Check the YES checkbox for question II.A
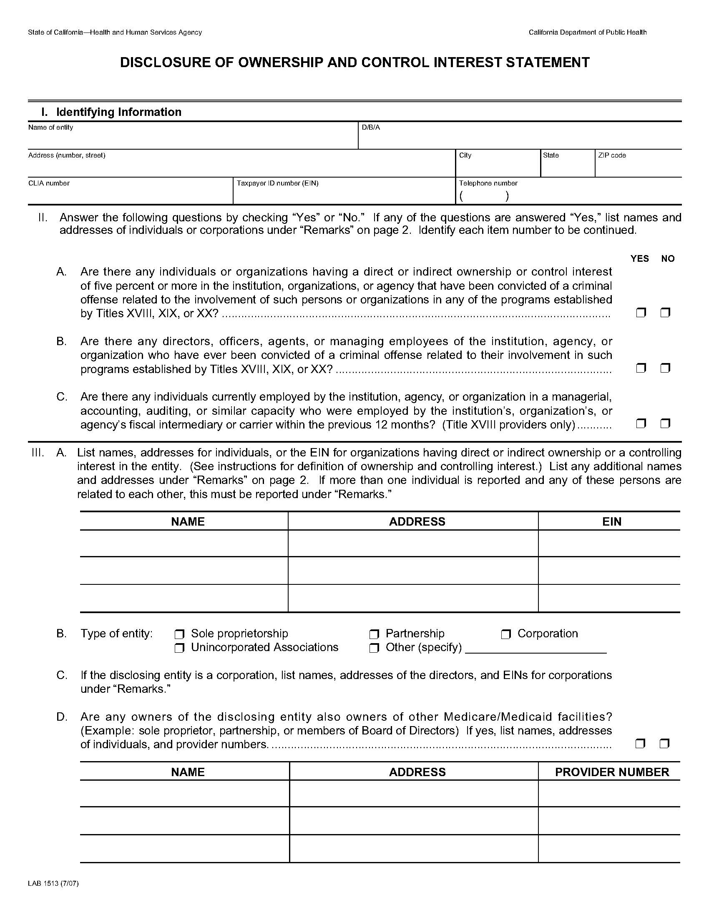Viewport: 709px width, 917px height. coord(641,313)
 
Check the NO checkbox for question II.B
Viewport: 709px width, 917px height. coord(665,368)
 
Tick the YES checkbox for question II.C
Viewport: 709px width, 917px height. coord(641,423)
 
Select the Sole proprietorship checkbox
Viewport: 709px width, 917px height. coord(180,634)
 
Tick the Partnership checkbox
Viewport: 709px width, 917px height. coord(374,634)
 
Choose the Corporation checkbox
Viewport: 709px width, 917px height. coord(506,634)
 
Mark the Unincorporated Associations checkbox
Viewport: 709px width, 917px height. coord(180,648)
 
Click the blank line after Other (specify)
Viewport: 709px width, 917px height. coord(536,649)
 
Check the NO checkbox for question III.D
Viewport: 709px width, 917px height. coord(664,744)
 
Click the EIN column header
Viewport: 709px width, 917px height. coord(611,521)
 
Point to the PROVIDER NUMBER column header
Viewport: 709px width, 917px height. coord(611,772)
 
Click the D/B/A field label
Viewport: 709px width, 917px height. coord(371,128)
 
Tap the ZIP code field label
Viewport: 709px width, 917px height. coord(612,155)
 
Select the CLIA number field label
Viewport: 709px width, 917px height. coord(49,183)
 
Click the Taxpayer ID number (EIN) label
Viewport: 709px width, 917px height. coord(277,183)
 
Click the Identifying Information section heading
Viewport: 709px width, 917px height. coord(118,112)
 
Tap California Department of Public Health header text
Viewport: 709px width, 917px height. coord(587,33)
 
